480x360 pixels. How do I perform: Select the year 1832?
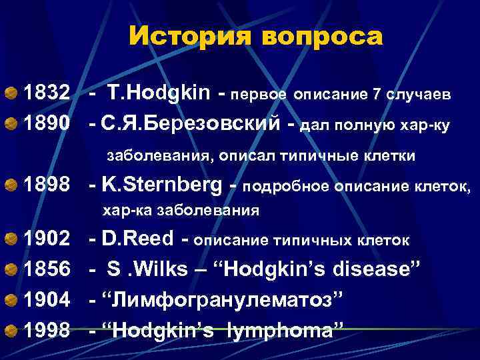[47, 94]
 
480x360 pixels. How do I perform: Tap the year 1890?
[47, 123]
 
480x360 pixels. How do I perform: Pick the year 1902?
[47, 239]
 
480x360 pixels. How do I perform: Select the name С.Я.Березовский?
[187, 123]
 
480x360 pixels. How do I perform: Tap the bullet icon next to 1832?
[11, 95]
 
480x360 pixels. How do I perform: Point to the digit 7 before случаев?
[377, 95]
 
